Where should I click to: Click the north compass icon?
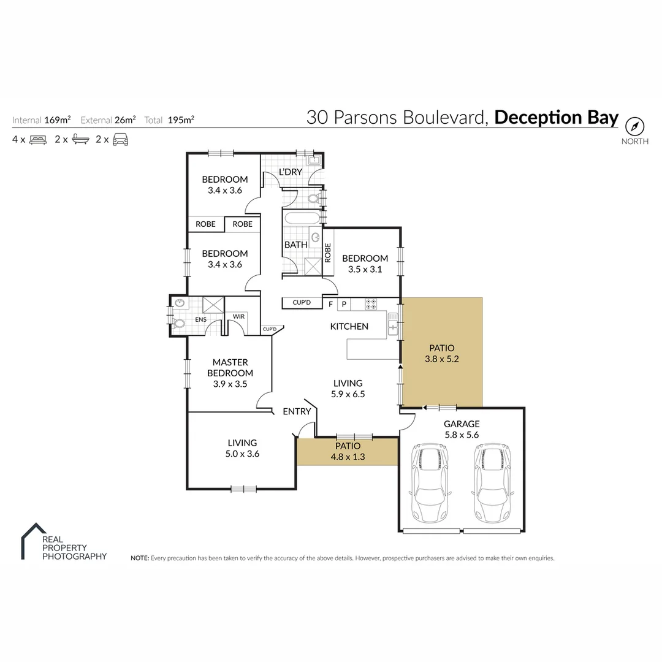coord(635,127)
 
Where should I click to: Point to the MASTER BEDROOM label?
coord(230,368)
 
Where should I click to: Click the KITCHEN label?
coord(349,327)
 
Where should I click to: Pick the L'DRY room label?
coord(291,172)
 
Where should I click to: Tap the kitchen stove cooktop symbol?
coord(371,303)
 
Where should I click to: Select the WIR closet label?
coord(237,317)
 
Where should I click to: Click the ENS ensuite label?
coord(200,319)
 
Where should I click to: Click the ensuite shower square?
coord(213,305)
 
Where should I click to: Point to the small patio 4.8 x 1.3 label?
coord(348,451)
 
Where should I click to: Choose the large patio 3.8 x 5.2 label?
coord(441,354)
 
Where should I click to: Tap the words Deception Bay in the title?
coord(557,118)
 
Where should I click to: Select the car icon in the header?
coord(120,139)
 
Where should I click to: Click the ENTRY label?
coord(297,412)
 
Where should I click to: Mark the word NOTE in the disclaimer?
coord(139,558)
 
